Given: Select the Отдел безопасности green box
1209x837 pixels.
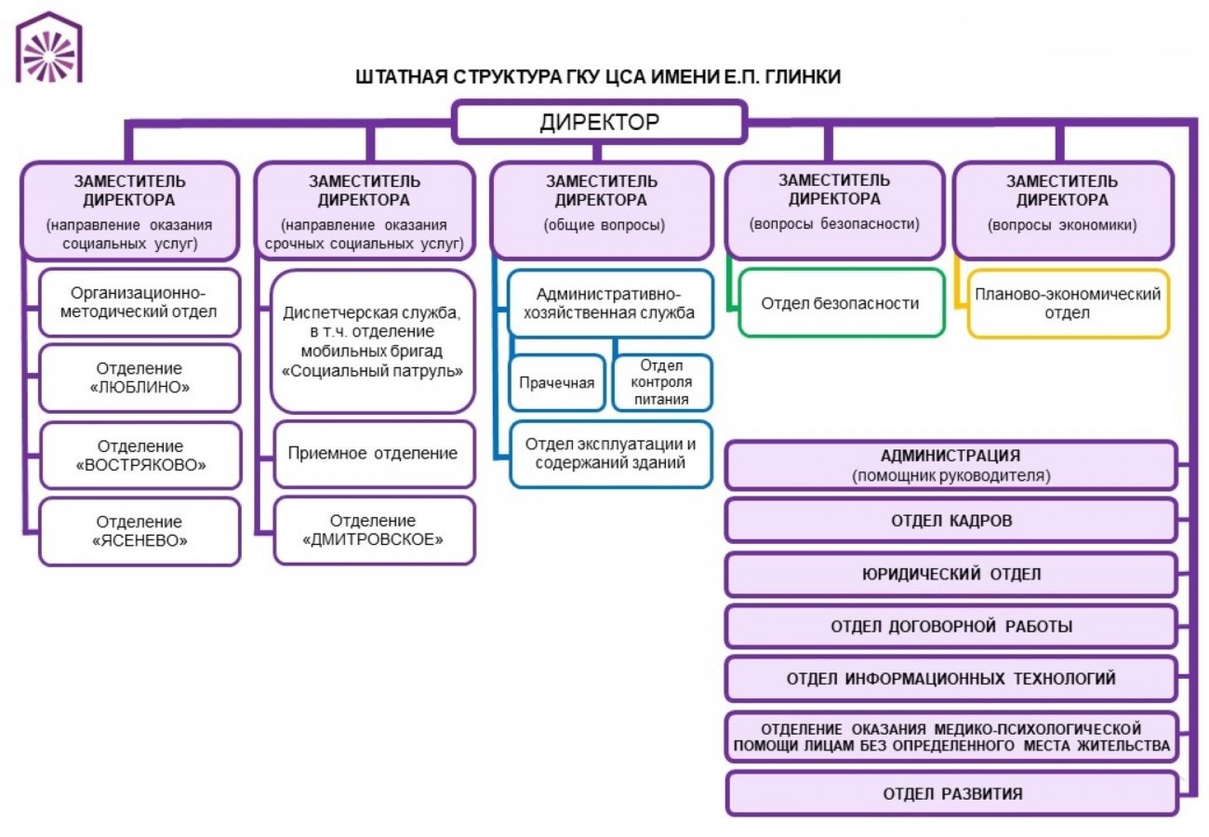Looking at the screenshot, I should tap(840, 302).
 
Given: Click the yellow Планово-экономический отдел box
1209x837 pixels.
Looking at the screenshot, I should tap(1068, 303).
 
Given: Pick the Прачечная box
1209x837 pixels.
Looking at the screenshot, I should tap(556, 382).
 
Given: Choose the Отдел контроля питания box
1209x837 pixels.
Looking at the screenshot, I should tap(662, 382).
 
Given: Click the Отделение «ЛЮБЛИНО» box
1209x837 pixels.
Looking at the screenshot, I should tap(139, 378).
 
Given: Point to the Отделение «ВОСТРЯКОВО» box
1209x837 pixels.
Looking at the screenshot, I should tap(139, 456).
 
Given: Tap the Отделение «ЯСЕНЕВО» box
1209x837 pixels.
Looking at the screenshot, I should tap(139, 531).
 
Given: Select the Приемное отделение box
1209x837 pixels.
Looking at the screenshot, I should tap(373, 454).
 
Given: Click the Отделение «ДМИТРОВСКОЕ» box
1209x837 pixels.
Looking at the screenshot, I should tap(373, 530).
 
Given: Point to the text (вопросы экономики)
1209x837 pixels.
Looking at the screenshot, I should tap(1062, 224).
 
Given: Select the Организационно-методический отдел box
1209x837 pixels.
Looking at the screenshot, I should tap(139, 302).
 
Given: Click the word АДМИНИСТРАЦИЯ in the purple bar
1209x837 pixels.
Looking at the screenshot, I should tap(950, 457).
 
